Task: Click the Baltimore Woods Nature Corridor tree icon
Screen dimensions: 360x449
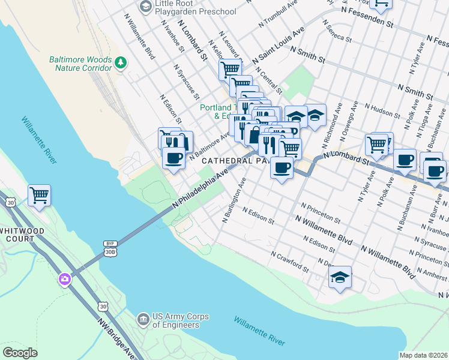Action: (121, 62)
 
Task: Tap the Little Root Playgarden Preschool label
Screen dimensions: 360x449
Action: (195, 7)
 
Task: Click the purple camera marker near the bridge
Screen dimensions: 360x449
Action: (64, 279)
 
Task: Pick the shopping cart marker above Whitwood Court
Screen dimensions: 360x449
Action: (39, 195)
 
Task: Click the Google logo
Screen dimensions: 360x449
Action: (20, 353)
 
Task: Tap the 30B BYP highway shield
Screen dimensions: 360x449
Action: (109, 248)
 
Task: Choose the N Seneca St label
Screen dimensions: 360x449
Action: (336, 33)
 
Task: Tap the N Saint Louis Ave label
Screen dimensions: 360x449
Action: (279, 46)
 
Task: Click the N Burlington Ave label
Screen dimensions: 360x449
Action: (235, 200)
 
